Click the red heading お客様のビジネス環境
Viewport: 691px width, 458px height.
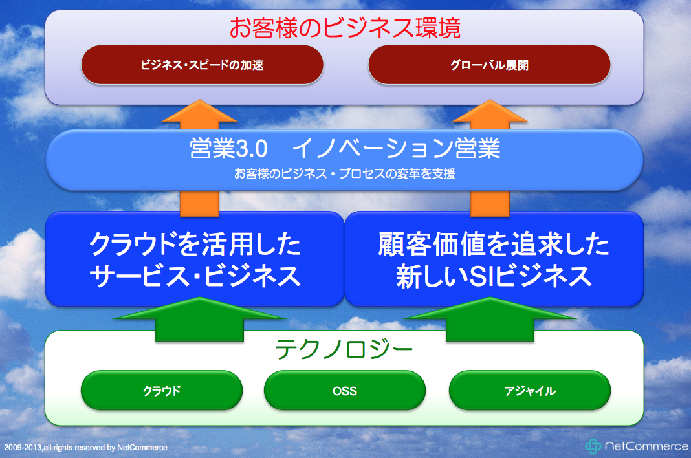point(345,28)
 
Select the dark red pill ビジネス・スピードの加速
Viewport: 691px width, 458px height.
point(203,65)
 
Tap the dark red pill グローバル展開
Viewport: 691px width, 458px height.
point(489,65)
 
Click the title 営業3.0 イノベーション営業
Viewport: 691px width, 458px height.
point(345,148)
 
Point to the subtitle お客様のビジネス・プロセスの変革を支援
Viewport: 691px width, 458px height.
point(345,173)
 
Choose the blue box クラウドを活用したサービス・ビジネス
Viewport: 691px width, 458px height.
point(195,259)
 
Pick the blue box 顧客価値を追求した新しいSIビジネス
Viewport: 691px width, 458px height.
point(494,259)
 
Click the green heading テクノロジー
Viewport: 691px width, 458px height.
point(344,349)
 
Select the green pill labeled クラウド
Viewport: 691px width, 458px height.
point(162,391)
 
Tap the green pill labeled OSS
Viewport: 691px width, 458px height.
point(345,391)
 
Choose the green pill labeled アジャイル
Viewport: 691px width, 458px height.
point(530,391)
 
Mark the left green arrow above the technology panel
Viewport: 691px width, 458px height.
point(200,319)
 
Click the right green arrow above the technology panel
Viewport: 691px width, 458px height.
point(490,319)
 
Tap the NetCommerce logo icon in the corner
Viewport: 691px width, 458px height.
point(593,446)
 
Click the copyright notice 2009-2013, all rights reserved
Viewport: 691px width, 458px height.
point(86,448)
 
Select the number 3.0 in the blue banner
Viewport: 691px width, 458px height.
point(251,149)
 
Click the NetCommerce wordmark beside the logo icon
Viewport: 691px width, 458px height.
point(646,446)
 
